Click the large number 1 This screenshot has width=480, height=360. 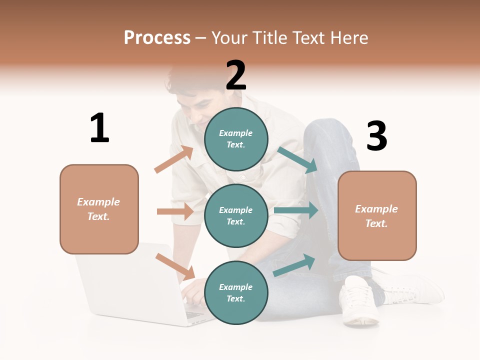point(99,128)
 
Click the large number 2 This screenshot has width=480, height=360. point(235,75)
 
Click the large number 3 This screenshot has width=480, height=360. point(376,136)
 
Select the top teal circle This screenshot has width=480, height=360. point(236,139)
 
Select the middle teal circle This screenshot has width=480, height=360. point(236,215)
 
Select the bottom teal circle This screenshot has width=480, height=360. point(236,292)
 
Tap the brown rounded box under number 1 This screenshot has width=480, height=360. point(99,209)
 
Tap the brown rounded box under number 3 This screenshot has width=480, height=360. point(377,216)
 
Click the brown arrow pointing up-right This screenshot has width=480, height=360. point(174,159)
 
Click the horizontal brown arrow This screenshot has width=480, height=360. point(175,211)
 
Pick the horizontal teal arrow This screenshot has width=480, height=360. point(296,210)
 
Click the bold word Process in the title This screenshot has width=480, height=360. point(157,38)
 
